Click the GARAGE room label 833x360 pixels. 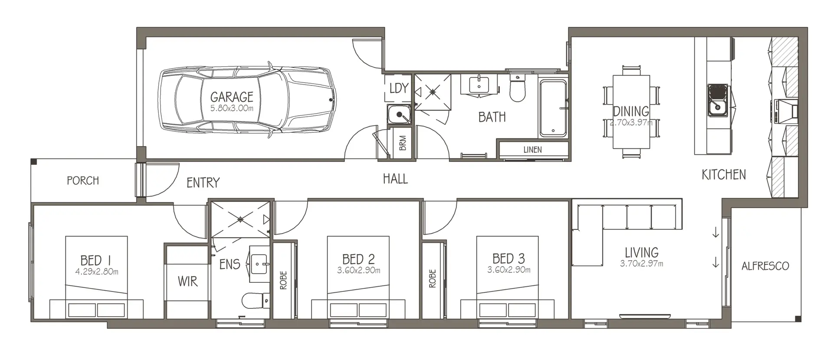[x=232, y=97]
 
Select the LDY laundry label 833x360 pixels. [x=398, y=88]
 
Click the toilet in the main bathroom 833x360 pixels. [x=517, y=89]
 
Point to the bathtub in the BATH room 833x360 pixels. [x=553, y=108]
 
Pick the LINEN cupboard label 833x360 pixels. [x=532, y=150]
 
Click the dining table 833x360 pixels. [x=631, y=112]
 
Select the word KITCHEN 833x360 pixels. [x=724, y=175]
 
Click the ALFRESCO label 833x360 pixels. [x=765, y=266]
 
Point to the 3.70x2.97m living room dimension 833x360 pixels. [x=641, y=263]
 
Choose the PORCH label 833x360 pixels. [x=83, y=180]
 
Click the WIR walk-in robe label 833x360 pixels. [x=187, y=281]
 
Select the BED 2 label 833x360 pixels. [x=358, y=259]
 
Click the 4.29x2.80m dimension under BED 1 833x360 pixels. [x=96, y=272]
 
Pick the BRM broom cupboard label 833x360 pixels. [x=403, y=143]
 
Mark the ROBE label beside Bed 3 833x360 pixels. [x=432, y=279]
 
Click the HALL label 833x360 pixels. [x=395, y=179]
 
